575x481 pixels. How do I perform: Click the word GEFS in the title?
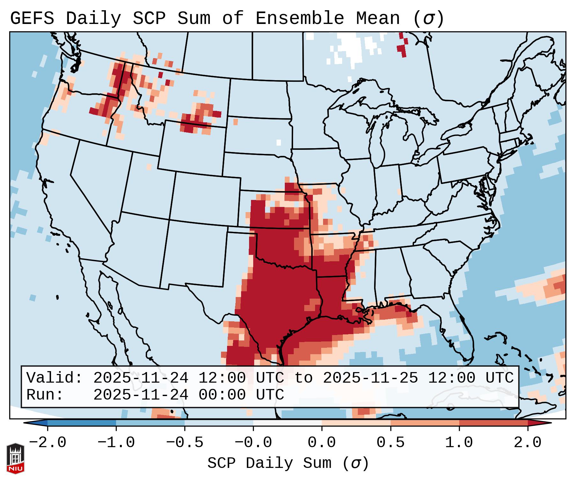[x=32, y=18]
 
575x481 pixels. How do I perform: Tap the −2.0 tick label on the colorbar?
[x=48, y=443]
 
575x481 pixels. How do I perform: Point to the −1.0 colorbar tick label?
[x=116, y=443]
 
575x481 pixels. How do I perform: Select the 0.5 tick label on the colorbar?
[x=390, y=443]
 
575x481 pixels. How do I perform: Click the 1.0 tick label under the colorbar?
[x=459, y=443]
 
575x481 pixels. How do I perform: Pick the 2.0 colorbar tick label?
[x=527, y=443]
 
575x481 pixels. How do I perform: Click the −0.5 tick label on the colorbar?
[x=185, y=443]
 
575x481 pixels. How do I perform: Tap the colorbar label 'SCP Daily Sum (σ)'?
[x=288, y=463]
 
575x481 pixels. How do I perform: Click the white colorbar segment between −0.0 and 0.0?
[x=287, y=423]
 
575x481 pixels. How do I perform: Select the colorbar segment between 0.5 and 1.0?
[x=424, y=423]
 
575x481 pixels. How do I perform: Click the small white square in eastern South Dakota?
[x=279, y=142]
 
